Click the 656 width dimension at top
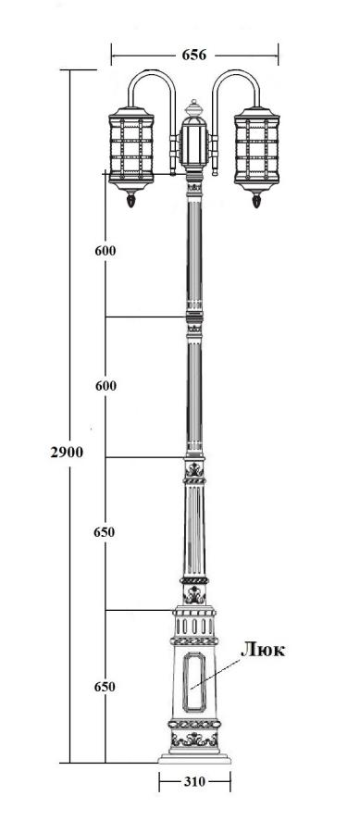(193, 55)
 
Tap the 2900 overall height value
(67, 452)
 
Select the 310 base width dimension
(194, 781)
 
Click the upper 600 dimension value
(106, 251)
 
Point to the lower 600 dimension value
(106, 386)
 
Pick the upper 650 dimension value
(104, 532)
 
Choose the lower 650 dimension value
(105, 687)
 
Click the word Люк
(263, 650)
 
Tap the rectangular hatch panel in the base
(194, 681)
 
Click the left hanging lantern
(131, 152)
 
